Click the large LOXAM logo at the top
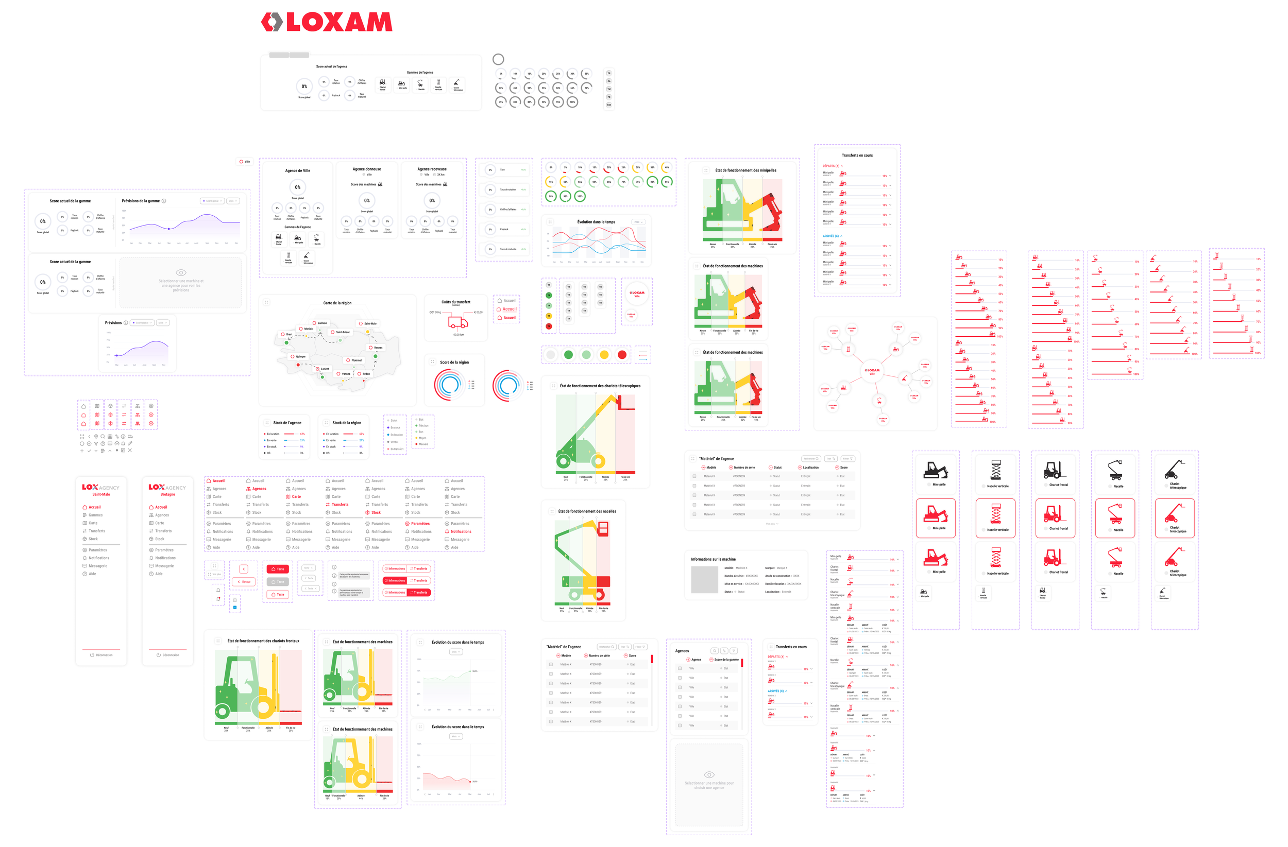pyautogui.click(x=326, y=22)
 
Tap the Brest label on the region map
pyautogui.click(x=289, y=334)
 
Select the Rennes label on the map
pyautogui.click(x=378, y=348)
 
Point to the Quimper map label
pyautogui.click(x=300, y=356)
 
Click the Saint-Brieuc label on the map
pyautogui.click(x=343, y=332)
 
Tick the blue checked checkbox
pyautogui.click(x=235, y=608)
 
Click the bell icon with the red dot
pyautogui.click(x=218, y=599)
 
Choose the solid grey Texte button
pyautogui.click(x=278, y=581)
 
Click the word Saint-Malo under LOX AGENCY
pyautogui.click(x=101, y=494)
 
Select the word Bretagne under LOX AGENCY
pyautogui.click(x=168, y=494)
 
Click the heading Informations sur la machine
pyautogui.click(x=713, y=559)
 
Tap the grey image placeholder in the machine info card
pyautogui.click(x=704, y=580)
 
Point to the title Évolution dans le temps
pyautogui.click(x=596, y=222)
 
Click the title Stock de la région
pyautogui.click(x=346, y=423)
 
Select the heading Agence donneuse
pyautogui.click(x=366, y=169)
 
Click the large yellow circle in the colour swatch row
pyautogui.click(x=604, y=355)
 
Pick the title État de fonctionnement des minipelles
pyautogui.click(x=745, y=170)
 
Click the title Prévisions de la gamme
pyautogui.click(x=141, y=201)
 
